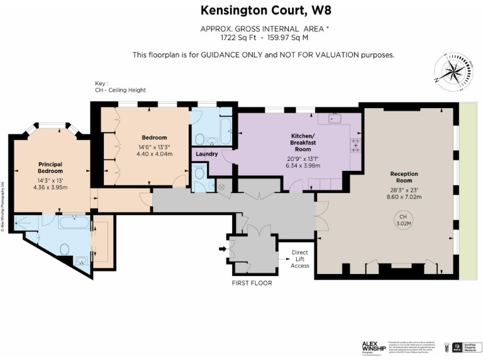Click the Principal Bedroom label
[x=50, y=167]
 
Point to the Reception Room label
[x=404, y=177]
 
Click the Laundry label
[x=207, y=154]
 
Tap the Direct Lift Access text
[x=300, y=258]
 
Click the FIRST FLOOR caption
[x=252, y=283]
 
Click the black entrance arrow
[x=222, y=250]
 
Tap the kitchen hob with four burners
[x=355, y=145]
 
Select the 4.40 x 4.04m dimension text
[x=154, y=153]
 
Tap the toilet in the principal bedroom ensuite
[x=64, y=249]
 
